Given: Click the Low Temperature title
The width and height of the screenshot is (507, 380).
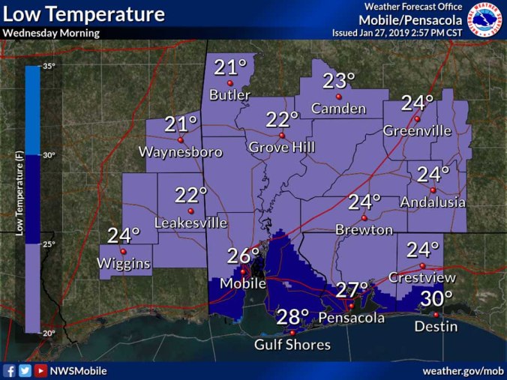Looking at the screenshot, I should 84,14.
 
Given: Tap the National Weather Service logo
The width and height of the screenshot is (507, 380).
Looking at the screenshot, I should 486,19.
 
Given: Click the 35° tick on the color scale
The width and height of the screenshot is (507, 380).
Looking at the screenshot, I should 48,67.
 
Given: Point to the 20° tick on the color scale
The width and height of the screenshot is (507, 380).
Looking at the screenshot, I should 48,333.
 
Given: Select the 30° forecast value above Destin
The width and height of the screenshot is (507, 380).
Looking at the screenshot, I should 436,298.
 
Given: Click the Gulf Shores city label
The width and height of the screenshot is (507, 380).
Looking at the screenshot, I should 292,345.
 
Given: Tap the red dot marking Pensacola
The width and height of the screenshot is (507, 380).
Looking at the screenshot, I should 350,305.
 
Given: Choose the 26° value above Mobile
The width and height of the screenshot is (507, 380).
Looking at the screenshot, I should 243,256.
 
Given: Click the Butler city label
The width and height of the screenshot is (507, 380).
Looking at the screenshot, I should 229,95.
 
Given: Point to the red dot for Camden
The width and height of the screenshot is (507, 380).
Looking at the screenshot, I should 339,97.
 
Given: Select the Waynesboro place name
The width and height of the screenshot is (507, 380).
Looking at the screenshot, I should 181,152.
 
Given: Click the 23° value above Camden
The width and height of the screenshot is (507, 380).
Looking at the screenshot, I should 338,81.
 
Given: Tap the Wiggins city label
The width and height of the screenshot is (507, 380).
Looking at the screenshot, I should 123,264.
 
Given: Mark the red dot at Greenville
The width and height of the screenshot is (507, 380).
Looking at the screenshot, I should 418,118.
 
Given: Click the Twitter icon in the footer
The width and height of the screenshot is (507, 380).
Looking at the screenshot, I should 25,371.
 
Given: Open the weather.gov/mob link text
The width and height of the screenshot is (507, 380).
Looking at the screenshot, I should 463,371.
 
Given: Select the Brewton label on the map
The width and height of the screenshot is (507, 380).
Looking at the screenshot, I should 364,229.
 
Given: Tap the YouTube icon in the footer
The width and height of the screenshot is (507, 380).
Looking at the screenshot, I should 40,371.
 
